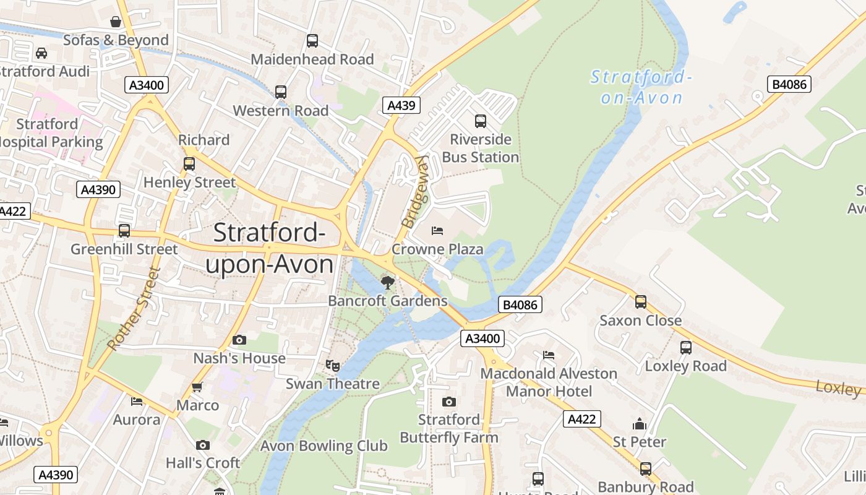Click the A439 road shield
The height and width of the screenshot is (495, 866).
point(401,106)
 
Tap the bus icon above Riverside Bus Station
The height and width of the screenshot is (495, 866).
point(480,121)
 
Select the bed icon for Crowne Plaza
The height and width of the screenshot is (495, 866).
point(437,231)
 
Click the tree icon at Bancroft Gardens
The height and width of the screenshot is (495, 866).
point(387,283)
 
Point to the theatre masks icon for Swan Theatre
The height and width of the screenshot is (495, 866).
point(333,366)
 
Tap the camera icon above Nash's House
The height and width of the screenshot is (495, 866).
point(239,340)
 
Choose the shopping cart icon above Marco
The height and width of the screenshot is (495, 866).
point(197,387)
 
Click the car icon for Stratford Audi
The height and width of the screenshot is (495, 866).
point(41,53)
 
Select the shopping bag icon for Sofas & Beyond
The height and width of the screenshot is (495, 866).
point(116,22)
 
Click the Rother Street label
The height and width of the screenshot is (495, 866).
point(133,308)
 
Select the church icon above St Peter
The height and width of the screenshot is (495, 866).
point(639,424)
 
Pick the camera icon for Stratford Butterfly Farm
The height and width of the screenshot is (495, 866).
point(449,402)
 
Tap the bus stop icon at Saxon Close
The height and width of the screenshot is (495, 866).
point(641,302)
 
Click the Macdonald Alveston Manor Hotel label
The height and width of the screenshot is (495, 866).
point(549,382)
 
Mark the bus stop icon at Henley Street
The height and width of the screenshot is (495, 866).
point(189,164)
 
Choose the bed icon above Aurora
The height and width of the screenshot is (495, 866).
point(137,402)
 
